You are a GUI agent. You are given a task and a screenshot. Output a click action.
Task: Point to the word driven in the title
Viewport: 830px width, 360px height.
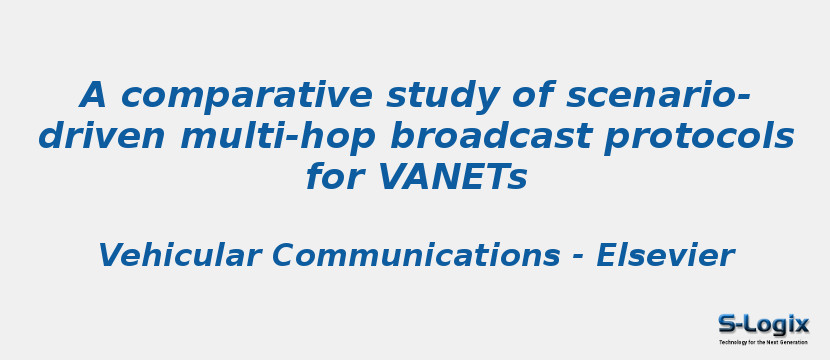(x=103, y=137)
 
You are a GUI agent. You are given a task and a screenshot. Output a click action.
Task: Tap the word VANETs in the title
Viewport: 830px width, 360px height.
(x=452, y=178)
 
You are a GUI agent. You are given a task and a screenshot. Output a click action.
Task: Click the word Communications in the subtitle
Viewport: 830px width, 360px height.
(x=414, y=256)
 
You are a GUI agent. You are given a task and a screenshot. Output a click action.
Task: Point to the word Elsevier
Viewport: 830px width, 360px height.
(x=665, y=256)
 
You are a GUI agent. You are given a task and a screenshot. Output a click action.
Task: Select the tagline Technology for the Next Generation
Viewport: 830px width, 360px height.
(x=763, y=342)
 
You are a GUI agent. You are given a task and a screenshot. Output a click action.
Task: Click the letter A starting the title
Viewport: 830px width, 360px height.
(x=93, y=97)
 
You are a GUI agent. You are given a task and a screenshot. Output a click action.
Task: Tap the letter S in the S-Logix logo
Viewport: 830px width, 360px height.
(x=727, y=324)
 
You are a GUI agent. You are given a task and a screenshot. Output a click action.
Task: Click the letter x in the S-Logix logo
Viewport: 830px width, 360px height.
(x=801, y=324)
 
